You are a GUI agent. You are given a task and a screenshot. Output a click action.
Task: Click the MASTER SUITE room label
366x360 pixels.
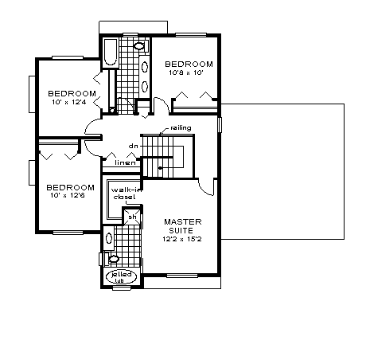click(183, 226)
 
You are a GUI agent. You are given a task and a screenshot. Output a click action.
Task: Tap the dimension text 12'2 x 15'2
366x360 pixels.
click(182, 239)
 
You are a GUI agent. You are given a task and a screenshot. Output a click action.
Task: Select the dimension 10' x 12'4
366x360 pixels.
click(69, 102)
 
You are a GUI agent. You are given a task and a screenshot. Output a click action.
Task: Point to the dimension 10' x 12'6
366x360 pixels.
click(68, 196)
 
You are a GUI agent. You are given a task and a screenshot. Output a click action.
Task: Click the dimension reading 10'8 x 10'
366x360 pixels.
click(186, 72)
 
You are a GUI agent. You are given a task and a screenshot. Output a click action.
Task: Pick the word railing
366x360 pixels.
click(181, 128)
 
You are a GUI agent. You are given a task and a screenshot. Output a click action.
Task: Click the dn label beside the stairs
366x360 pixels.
click(134, 146)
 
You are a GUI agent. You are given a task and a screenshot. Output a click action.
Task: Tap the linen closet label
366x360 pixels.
click(125, 162)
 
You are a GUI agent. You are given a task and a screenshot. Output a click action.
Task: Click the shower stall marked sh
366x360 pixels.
click(132, 217)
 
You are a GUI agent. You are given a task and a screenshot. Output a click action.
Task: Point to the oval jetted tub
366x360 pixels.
click(122, 276)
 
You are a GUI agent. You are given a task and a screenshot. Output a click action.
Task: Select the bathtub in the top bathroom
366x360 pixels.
click(110, 53)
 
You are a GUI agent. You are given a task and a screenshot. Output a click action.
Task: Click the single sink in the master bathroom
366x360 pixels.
click(109, 238)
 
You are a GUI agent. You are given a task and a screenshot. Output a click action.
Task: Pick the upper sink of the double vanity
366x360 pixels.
click(145, 67)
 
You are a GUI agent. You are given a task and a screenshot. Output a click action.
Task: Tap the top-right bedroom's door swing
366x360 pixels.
click(162, 105)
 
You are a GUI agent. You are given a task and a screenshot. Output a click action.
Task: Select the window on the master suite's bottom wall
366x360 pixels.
click(182, 276)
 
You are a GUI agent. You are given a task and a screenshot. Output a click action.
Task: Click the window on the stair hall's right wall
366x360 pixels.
click(220, 125)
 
